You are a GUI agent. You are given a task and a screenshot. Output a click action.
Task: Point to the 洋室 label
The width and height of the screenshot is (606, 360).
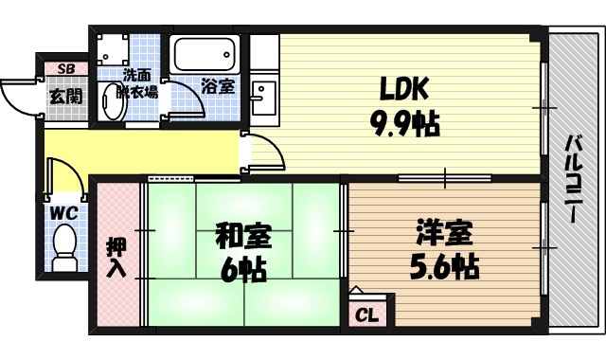click(x=441, y=233)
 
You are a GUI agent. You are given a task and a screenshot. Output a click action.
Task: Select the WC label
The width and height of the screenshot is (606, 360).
click(x=64, y=212)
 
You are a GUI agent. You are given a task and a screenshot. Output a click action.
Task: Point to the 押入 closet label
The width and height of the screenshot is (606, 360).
click(x=115, y=256)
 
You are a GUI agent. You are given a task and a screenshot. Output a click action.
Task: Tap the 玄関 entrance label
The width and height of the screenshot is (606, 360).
click(x=65, y=96)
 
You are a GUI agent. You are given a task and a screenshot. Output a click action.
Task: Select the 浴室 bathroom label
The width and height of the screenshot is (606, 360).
click(x=219, y=86)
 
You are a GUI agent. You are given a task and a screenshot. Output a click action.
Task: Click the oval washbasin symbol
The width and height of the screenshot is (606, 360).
click(x=113, y=101)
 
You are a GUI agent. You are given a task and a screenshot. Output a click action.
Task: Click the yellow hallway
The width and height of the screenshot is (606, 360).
click(x=142, y=152)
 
